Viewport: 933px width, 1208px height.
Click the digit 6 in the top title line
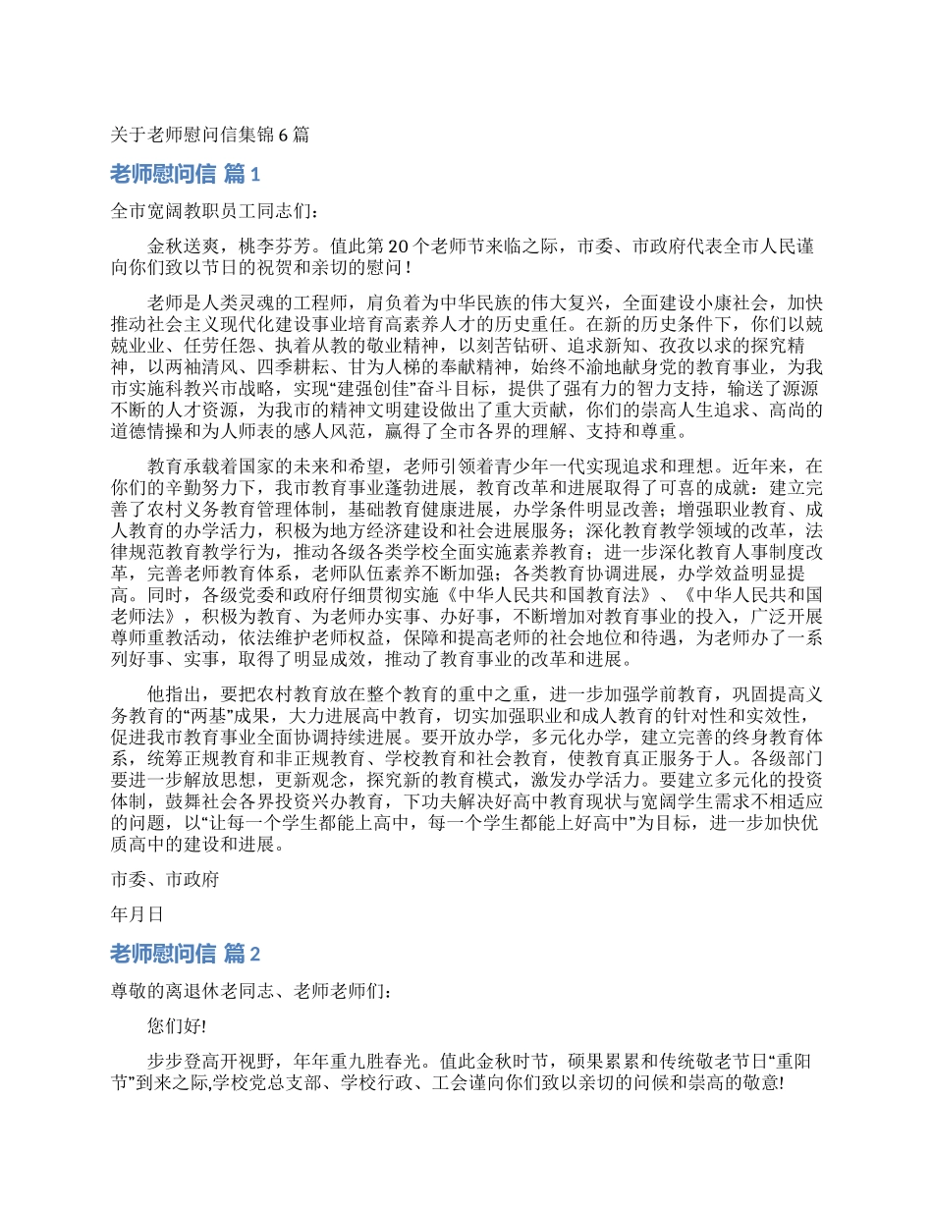284,136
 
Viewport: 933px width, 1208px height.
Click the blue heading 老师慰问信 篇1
186,175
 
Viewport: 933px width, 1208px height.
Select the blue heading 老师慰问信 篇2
186,954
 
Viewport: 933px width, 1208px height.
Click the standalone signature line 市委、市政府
164,880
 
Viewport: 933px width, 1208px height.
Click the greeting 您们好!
177,1026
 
